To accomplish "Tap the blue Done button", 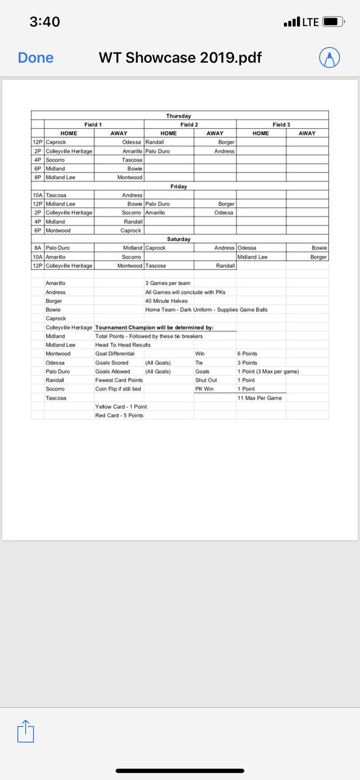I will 36,58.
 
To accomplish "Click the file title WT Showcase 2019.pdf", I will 180,58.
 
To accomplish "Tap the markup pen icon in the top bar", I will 329,58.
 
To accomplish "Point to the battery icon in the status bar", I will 333,22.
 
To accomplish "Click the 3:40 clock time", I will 45,22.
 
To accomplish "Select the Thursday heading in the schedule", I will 179,116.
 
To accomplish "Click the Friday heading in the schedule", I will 179,186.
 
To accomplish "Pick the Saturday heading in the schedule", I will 179,239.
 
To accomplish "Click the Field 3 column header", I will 282,124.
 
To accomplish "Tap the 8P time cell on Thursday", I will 37,177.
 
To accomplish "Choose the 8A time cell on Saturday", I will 37,248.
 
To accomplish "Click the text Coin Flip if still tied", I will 118,389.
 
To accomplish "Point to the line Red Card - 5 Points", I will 120,415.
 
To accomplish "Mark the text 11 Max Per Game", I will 260,398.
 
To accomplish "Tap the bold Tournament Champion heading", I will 155,327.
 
